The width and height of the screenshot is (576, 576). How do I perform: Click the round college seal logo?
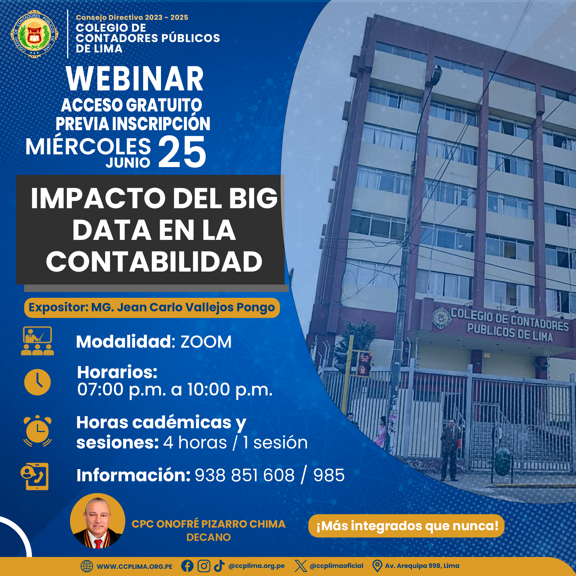click(x=35, y=34)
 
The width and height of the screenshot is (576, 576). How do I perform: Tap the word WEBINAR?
click(x=135, y=79)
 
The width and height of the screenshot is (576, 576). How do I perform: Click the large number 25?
click(x=182, y=151)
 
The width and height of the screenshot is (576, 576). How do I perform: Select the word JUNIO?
click(x=128, y=163)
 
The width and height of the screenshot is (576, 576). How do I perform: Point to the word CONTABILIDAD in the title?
click(x=154, y=262)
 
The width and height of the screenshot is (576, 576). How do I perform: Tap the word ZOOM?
click(x=206, y=342)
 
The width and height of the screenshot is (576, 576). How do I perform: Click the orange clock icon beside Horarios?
click(x=37, y=382)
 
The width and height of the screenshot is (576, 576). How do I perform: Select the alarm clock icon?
click(x=37, y=431)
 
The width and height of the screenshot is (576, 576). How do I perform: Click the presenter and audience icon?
click(x=37, y=341)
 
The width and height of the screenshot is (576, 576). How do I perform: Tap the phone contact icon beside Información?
click(x=35, y=476)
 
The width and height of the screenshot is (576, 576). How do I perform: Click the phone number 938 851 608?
click(x=245, y=475)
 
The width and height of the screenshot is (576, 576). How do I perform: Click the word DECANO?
click(x=209, y=537)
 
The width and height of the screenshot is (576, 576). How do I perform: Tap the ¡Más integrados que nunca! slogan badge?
click(x=406, y=526)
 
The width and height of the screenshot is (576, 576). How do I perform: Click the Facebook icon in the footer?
click(x=187, y=566)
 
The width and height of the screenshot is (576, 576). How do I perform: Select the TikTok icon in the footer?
click(x=219, y=566)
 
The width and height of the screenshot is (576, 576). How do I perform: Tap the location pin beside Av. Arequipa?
click(x=377, y=566)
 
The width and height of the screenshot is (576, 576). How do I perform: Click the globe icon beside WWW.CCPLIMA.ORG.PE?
click(x=87, y=566)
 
